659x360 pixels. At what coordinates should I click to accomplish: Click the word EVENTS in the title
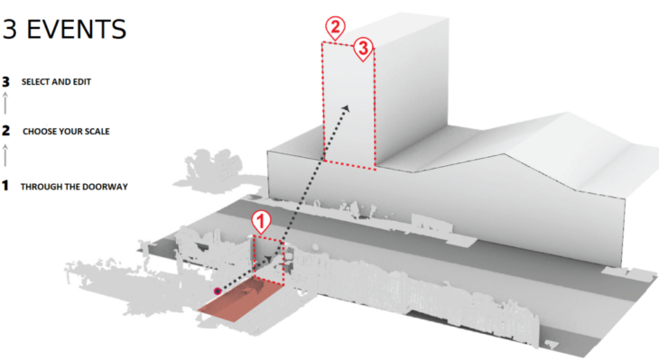[77, 30]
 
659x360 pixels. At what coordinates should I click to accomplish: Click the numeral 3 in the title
[10, 30]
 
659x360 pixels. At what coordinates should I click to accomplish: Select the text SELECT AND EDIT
[56, 82]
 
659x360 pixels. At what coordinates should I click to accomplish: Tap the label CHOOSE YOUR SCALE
[66, 132]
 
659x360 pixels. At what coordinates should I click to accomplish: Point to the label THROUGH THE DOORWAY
[74, 187]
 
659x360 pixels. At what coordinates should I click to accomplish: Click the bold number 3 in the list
[5, 82]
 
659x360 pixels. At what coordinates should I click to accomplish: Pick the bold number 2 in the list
[5, 131]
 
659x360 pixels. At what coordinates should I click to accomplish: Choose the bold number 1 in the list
[5, 185]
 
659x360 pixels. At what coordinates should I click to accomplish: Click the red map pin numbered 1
[261, 222]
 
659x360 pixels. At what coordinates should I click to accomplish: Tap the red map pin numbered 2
[335, 28]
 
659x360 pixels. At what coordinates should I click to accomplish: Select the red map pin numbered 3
[363, 49]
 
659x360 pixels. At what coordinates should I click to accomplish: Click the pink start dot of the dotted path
[218, 291]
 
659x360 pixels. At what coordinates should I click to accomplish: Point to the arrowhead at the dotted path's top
[346, 108]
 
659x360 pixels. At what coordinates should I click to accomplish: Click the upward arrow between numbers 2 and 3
[5, 104]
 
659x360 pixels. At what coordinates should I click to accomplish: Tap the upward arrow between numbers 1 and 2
[5, 155]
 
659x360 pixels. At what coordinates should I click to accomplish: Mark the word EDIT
[82, 82]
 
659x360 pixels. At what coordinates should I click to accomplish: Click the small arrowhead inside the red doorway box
[268, 259]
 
